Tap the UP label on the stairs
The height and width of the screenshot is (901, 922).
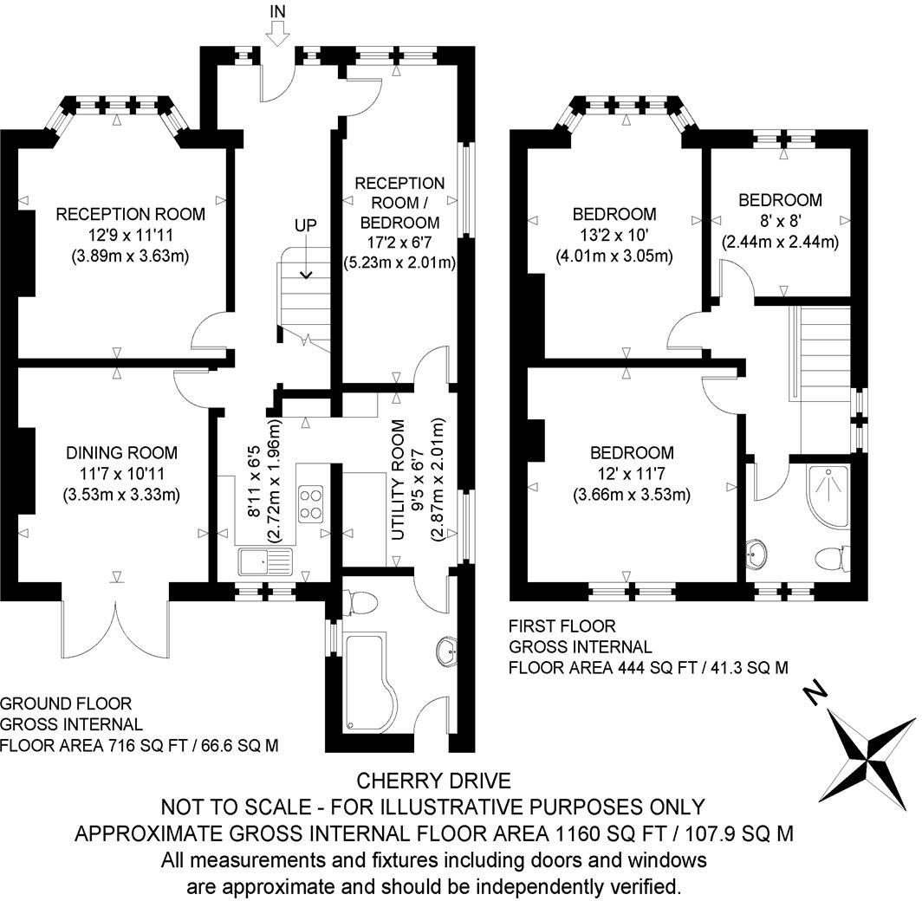click(306, 225)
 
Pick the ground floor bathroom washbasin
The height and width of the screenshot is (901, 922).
click(447, 653)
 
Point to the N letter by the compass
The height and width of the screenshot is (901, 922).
click(814, 694)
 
